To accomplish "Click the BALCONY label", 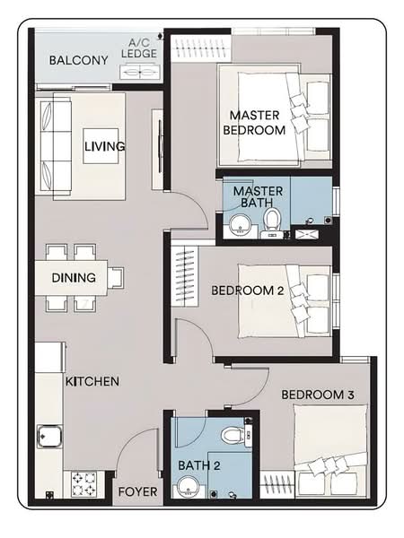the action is pyautogui.click(x=79, y=60).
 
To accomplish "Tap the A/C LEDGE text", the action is pyautogui.click(x=139, y=48).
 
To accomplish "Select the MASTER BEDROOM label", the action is pyautogui.click(x=254, y=123).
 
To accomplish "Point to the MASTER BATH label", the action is pyautogui.click(x=258, y=197).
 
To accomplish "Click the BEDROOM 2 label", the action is pyautogui.click(x=248, y=291).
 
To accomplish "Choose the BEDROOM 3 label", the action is pyautogui.click(x=318, y=395).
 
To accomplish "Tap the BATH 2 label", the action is pyautogui.click(x=199, y=465).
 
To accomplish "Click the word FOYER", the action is pyautogui.click(x=137, y=492).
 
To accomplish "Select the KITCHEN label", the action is pyautogui.click(x=92, y=382).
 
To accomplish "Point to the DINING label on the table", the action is pyautogui.click(x=74, y=278).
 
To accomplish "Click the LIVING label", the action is pyautogui.click(x=105, y=146).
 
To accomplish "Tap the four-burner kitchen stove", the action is pyautogui.click(x=84, y=484).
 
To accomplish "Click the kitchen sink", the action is pyautogui.click(x=49, y=436).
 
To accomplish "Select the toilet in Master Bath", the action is pyautogui.click(x=272, y=223).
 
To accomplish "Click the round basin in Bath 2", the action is pyautogui.click(x=189, y=486).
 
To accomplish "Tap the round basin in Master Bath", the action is pyautogui.click(x=241, y=224).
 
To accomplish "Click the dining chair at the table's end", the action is pyautogui.click(x=116, y=278).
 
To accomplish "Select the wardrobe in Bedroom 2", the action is pyautogui.click(x=185, y=276).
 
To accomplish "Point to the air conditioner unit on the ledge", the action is pyautogui.click(x=140, y=72).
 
